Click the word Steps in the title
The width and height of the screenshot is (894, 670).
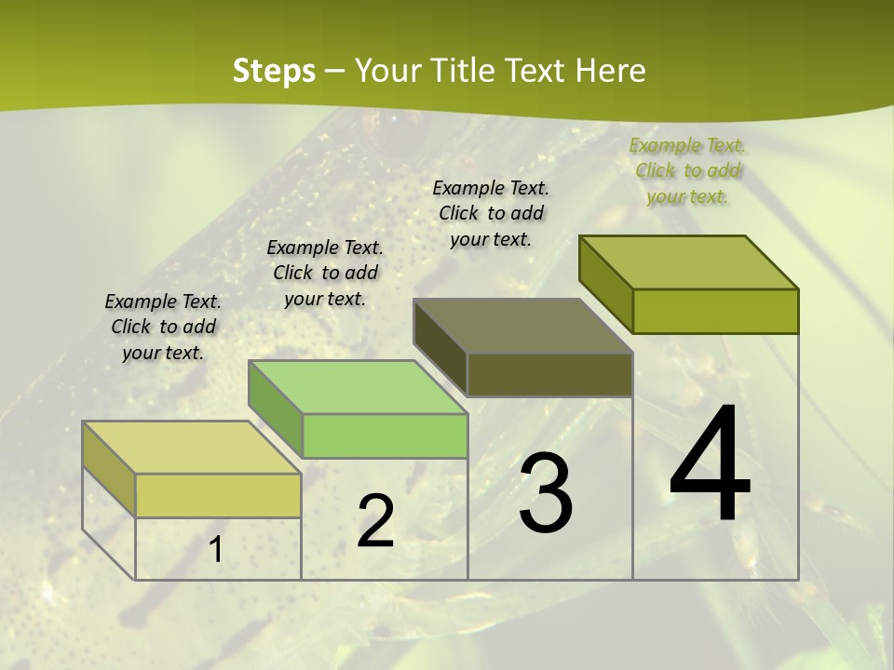274,71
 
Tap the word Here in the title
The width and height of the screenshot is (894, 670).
610,71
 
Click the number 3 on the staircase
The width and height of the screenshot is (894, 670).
546,493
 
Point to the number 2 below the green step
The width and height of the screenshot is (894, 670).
375,521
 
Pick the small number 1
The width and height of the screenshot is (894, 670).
216,550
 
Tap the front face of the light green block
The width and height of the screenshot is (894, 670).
385,435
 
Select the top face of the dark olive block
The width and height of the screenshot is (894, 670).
522,326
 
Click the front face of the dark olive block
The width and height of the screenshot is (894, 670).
549,374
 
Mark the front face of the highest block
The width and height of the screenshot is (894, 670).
715,311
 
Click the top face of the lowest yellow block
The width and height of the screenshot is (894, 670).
191,448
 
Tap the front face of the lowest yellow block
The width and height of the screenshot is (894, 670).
218,495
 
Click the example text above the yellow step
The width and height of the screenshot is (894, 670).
163,327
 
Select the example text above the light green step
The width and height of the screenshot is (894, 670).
325,273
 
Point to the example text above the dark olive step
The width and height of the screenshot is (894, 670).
491,213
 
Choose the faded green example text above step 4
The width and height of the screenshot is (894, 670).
687,170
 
